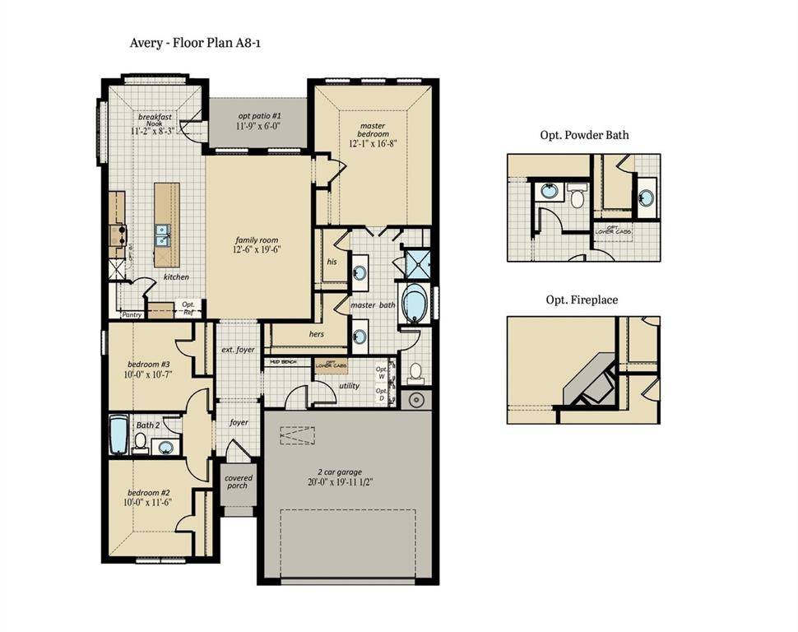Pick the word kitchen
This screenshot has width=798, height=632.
click(x=176, y=277)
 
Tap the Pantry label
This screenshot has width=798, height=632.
click(x=132, y=314)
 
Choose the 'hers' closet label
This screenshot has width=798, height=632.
click(x=317, y=334)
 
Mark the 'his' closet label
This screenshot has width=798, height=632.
click(x=332, y=261)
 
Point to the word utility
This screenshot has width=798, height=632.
click(x=350, y=384)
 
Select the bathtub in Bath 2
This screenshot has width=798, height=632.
click(x=118, y=436)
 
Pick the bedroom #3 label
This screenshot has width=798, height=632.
click(x=149, y=365)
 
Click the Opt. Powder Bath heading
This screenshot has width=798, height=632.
click(x=584, y=135)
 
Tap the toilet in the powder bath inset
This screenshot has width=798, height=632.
click(x=577, y=197)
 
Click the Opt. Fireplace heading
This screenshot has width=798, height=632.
click(x=582, y=300)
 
